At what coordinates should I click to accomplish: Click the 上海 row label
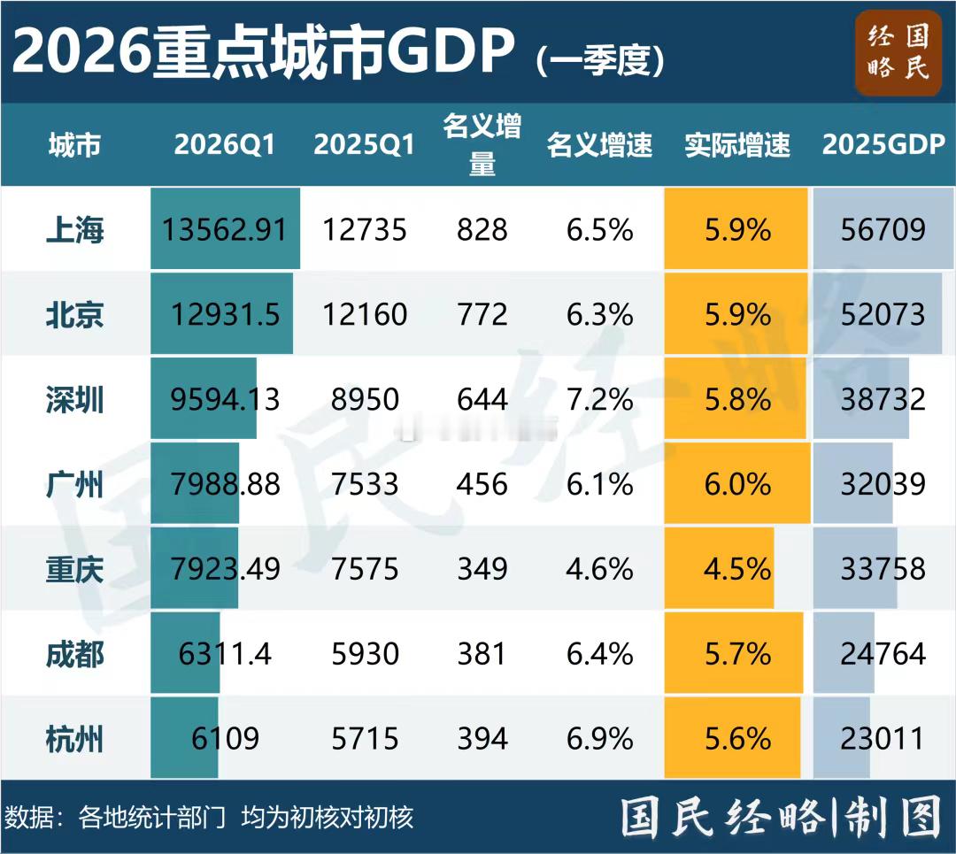(75, 230)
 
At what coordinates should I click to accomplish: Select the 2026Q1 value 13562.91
(225, 230)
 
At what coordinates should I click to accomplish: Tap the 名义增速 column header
(599, 145)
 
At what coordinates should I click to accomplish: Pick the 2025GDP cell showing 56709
(883, 230)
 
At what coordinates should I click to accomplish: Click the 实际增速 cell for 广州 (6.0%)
(736, 484)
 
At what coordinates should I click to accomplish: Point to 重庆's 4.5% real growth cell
(736, 569)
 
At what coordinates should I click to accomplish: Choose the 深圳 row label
(75, 400)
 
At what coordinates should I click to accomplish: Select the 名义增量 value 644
(482, 400)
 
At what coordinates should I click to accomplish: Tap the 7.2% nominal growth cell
(599, 400)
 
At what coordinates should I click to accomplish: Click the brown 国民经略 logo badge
(898, 52)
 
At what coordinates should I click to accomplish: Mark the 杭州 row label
(75, 738)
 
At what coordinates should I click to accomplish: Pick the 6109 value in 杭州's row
(225, 738)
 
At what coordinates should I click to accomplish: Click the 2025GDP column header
(883, 145)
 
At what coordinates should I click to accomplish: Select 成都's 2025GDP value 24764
(883, 654)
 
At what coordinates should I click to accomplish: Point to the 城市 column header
(75, 145)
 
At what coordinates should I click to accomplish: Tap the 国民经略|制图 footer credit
(779, 817)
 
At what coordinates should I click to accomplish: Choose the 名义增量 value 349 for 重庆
(482, 569)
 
